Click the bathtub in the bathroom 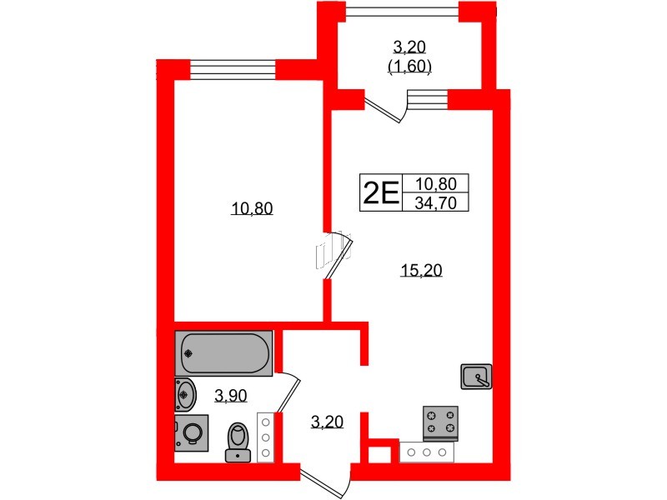tap(223, 353)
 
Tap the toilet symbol tap(238, 442)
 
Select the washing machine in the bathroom tap(192, 432)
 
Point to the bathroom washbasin tap(185, 395)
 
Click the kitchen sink tap(476, 377)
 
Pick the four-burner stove tap(440, 423)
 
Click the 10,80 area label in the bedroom tap(252, 209)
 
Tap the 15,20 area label tap(421, 270)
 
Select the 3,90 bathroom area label tap(231, 396)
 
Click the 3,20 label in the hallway tap(327, 422)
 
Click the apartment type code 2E tap(381, 192)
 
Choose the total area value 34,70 tap(435, 202)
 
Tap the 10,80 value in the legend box tap(435, 183)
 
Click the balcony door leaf tap(383, 111)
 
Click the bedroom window tap(233, 69)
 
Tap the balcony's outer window tap(402, 12)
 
